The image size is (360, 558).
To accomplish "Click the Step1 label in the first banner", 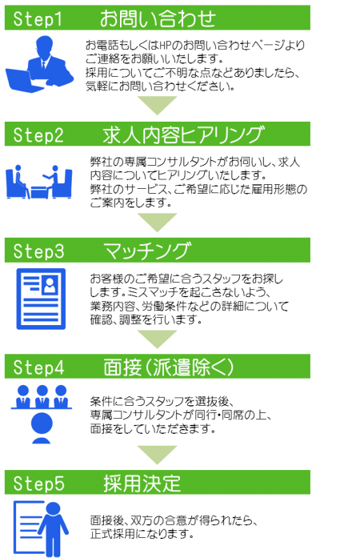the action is pos(38,18).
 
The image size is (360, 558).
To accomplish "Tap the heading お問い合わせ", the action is pos(158,18).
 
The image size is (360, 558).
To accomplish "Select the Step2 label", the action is pos(38,134).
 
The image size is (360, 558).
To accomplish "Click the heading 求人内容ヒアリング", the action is pos(183,134).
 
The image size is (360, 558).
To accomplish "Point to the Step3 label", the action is pos(38,251).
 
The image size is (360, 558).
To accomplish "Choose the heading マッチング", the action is pos(147,251).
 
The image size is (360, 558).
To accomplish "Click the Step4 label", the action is pos(38,367).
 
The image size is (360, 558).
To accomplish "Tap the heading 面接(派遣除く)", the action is pos(169,367).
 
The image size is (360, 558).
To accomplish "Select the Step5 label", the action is pos(38,484).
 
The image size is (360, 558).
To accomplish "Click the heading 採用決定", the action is pos(142,484).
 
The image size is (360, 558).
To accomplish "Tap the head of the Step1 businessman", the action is pos(45,45).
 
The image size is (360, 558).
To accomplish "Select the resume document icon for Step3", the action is pos(41,299).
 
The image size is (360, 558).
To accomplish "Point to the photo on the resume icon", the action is pos(50,286).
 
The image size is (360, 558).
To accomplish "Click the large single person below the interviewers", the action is pos(42,428).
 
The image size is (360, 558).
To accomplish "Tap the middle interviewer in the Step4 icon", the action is pos(42,396).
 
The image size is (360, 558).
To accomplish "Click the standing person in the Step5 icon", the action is pos(54,528).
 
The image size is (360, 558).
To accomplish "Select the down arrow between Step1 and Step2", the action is pos(158,106).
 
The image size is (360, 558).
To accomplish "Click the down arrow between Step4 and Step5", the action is pos(158,455).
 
